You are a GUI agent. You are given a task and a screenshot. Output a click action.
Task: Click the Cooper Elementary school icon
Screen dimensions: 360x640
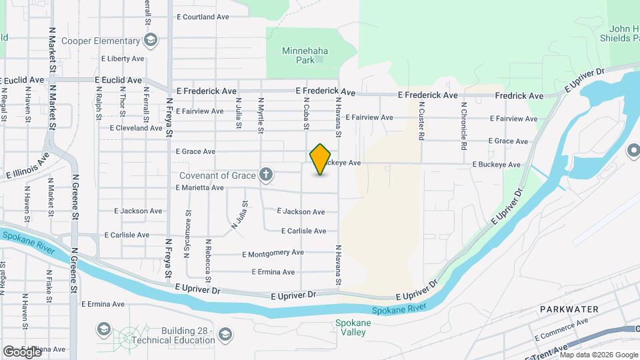click(x=151, y=41)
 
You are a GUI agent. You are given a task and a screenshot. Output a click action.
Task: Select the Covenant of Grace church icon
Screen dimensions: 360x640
click(x=266, y=175)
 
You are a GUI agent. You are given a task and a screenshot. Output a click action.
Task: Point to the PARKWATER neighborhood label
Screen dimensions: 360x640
click(x=569, y=309)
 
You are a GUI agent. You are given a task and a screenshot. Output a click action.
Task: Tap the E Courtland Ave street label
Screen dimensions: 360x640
click(x=202, y=17)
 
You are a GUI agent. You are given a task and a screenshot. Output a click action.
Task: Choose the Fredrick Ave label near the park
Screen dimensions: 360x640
click(x=519, y=96)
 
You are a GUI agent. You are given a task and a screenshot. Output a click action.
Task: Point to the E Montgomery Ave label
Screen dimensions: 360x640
click(x=273, y=253)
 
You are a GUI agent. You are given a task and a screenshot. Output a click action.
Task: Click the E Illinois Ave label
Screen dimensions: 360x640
click(x=27, y=167)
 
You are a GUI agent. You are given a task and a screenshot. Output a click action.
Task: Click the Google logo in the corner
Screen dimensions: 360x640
click(x=21, y=351)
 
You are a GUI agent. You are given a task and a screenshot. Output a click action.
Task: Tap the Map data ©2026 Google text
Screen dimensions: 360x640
click(x=599, y=355)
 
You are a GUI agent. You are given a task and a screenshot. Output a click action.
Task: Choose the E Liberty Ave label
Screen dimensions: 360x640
click(x=123, y=59)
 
